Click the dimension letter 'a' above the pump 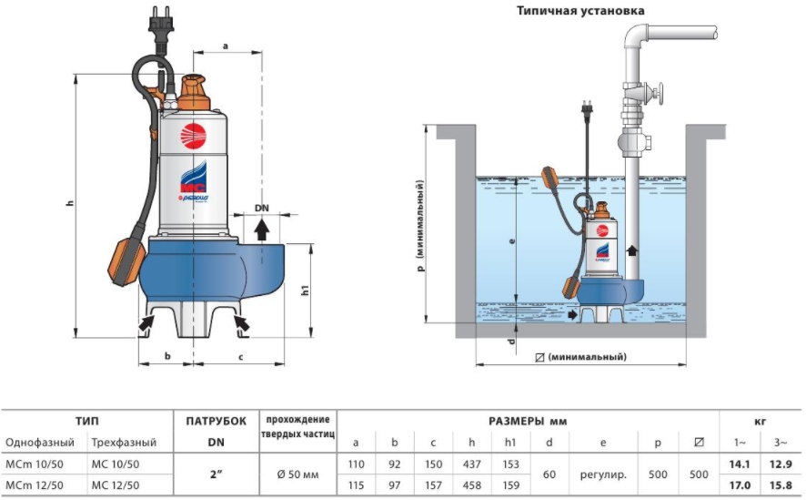point(225,43)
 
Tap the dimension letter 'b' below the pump point(166,356)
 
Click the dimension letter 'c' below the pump point(240,356)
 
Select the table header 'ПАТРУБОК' point(216,421)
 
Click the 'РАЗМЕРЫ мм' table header point(528,421)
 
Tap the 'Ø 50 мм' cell point(298,474)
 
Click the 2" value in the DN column point(216,474)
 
